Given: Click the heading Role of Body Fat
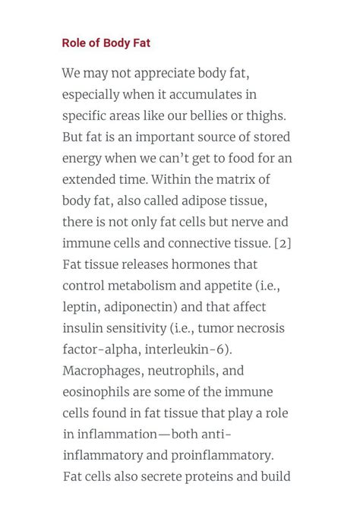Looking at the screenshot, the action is [106, 43].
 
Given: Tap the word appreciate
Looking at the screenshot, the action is [161, 74].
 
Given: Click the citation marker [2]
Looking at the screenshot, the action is [283, 244].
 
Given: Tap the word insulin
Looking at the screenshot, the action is [84, 329].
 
